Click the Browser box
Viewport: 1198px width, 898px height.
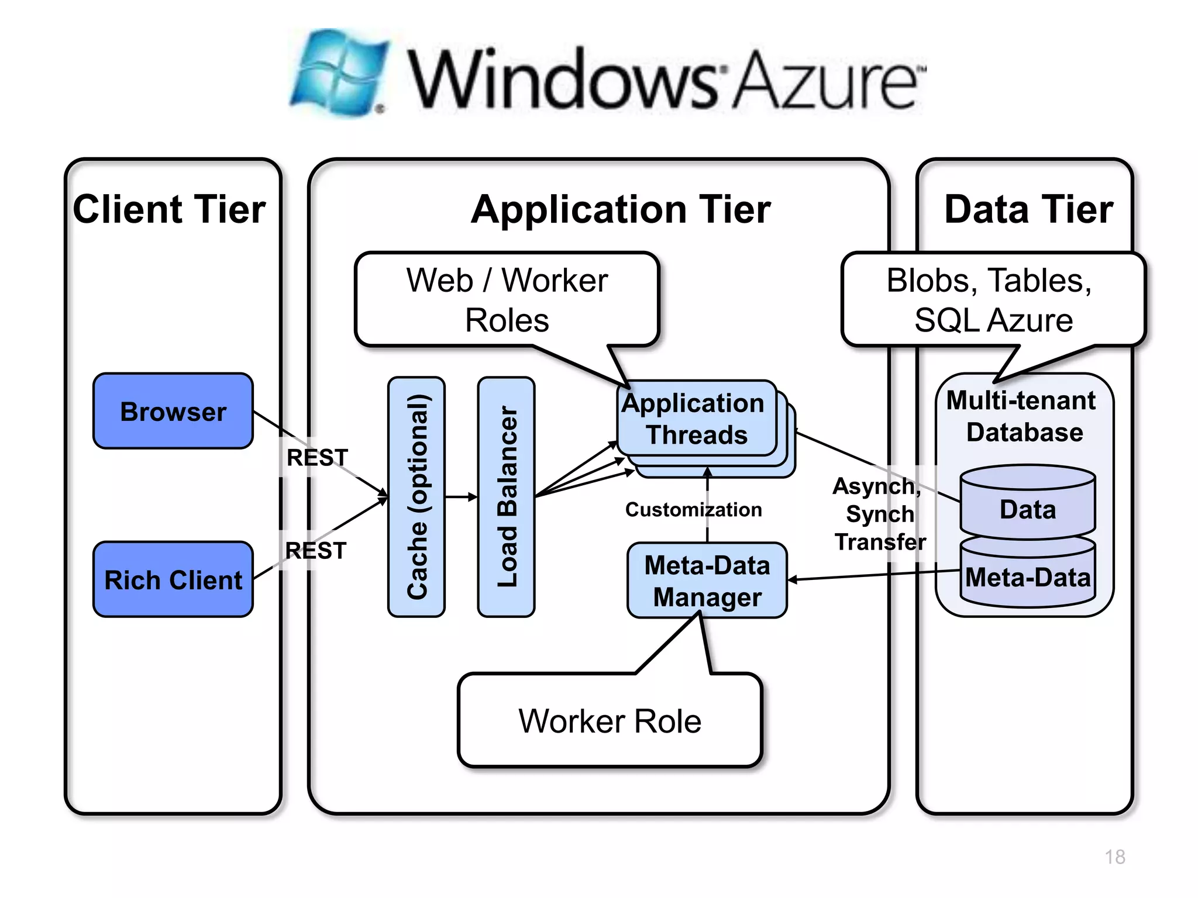pos(173,411)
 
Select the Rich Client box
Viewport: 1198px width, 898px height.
pos(173,579)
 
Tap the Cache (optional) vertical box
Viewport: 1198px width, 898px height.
pos(416,497)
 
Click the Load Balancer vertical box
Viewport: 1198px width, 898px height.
pos(507,497)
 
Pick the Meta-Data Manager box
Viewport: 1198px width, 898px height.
pos(707,581)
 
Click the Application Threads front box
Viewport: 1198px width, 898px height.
pos(696,419)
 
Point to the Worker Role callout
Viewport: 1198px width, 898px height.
pos(610,720)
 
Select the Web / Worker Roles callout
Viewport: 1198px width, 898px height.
pos(507,300)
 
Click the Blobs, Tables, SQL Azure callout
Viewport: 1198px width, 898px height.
pos(992,300)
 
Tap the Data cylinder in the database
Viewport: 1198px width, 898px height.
pos(1028,509)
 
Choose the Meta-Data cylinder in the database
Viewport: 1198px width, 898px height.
pos(1028,577)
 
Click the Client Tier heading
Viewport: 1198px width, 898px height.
pos(170,209)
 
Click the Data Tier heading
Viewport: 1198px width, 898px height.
pos(1028,209)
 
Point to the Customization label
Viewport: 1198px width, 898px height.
pos(693,509)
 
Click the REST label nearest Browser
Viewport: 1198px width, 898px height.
pos(317,457)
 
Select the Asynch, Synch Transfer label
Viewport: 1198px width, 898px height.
pos(879,514)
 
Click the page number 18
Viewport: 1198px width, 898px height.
pos(1114,856)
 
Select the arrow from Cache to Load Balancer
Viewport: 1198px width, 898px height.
pos(462,498)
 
